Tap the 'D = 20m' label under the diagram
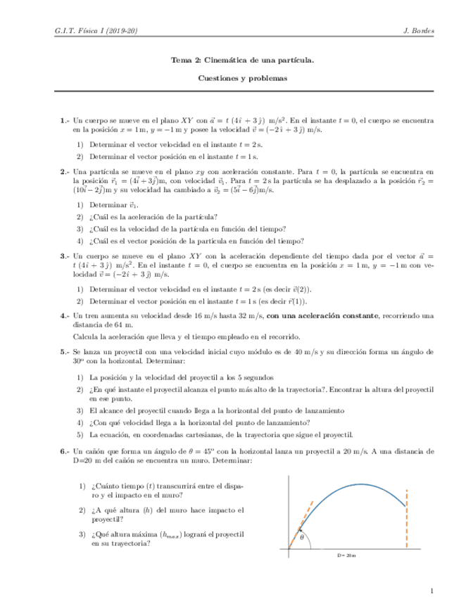pos(346,556)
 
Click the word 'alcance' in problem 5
pos(108,410)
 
